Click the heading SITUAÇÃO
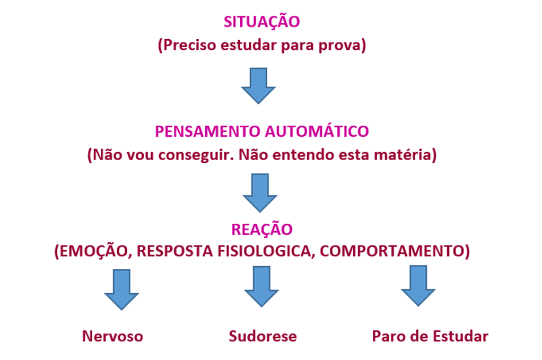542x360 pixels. tap(261, 22)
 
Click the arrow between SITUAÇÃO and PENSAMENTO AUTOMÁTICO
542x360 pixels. tap(258, 85)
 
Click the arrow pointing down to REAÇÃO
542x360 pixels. tap(260, 192)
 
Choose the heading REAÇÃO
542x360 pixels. tap(261, 230)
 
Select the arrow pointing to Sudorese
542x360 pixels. tap(261, 286)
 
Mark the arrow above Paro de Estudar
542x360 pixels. tap(418, 286)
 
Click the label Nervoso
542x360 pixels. tap(112, 336)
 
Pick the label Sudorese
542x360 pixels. tap(263, 336)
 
